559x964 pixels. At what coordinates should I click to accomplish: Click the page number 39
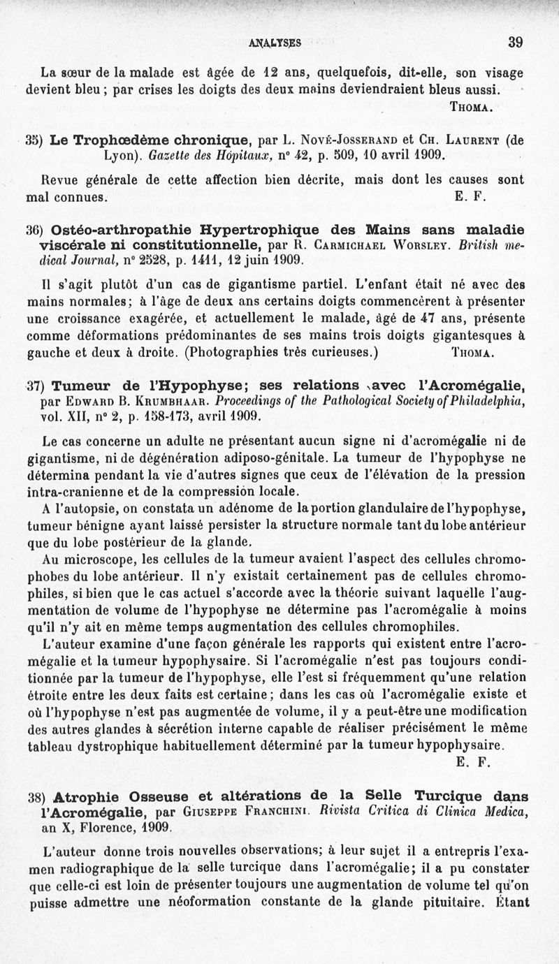point(516,41)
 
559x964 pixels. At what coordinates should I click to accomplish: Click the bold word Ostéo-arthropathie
point(119,230)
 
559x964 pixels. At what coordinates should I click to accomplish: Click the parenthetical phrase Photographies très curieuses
point(282,351)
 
